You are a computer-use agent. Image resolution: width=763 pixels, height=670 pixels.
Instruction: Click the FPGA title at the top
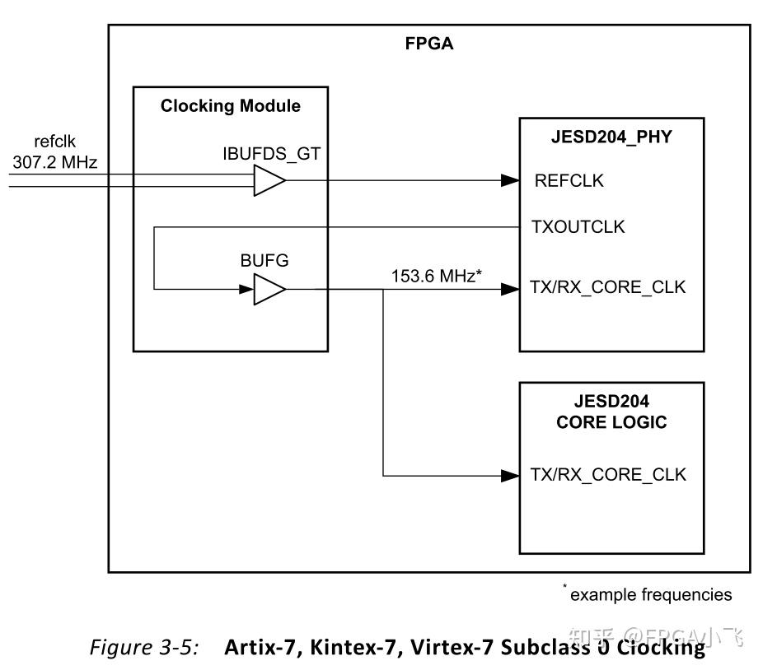tap(429, 44)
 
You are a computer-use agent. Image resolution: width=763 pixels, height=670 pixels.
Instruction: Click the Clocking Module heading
tap(230, 106)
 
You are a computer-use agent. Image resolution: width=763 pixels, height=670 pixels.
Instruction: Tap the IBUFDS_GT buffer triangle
tap(268, 180)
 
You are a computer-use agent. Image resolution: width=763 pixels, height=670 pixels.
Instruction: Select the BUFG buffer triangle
tap(268, 289)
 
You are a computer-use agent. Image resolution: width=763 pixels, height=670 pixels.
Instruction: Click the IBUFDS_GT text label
tap(271, 153)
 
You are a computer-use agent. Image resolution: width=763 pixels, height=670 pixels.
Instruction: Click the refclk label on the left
tap(54, 142)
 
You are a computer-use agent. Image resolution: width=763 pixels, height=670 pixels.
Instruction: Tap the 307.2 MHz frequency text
tap(54, 162)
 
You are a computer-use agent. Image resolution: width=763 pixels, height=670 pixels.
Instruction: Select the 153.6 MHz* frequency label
tap(436, 277)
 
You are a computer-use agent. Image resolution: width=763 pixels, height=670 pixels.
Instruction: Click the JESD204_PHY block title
tap(611, 137)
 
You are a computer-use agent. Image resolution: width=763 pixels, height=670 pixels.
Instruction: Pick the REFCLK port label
tap(569, 181)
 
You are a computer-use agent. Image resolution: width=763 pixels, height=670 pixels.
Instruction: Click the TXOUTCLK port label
tap(579, 227)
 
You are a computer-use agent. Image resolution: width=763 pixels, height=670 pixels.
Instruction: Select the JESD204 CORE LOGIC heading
tap(611, 412)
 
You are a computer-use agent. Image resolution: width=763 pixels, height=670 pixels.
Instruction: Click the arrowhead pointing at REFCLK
tap(510, 180)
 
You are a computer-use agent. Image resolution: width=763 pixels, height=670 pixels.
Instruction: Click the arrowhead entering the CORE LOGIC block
tap(510, 475)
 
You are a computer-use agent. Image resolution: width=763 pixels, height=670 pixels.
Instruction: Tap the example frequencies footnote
tap(649, 594)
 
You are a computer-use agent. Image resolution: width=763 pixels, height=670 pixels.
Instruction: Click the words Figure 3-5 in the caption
tap(144, 648)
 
